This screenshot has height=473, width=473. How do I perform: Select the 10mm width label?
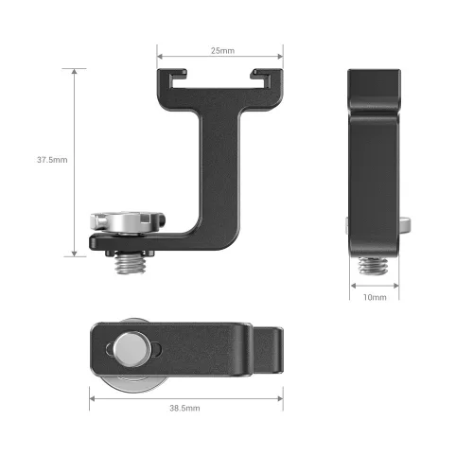tap(375, 297)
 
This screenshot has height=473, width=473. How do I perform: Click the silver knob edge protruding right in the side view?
tap(406, 225)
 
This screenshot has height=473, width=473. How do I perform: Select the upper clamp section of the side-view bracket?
tap(376, 104)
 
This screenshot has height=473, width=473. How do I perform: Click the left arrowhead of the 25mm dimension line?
tap(160, 56)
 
